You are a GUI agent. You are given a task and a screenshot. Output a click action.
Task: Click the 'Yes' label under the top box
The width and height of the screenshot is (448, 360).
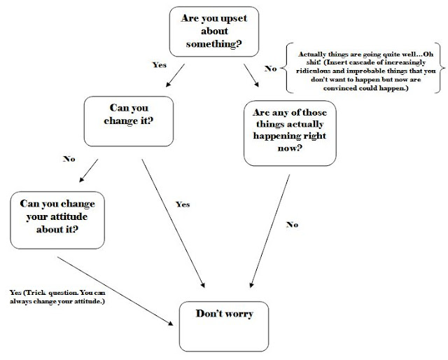coord(158,65)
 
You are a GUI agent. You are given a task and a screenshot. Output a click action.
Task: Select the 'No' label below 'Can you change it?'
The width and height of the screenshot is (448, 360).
coord(68,159)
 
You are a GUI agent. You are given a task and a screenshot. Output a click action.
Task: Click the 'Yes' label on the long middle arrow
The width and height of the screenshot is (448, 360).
coord(182,205)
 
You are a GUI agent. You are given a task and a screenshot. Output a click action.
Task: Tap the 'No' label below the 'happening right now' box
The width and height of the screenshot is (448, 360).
coord(293,226)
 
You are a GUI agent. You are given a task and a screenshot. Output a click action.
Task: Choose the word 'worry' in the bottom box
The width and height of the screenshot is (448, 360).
coord(239,314)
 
